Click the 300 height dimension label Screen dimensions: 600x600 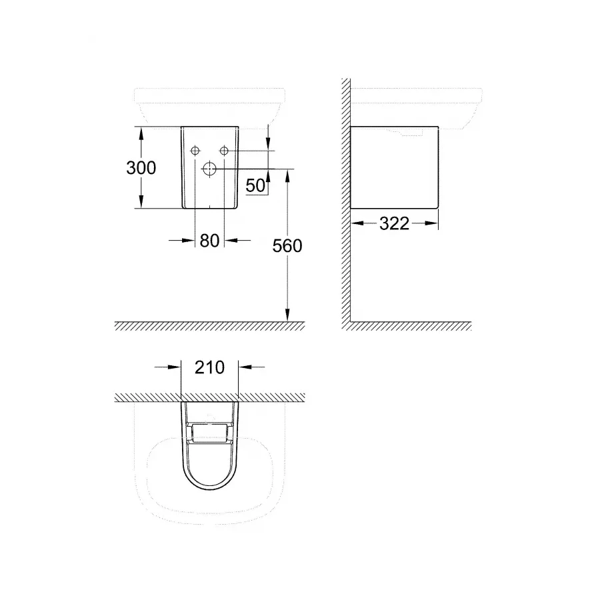141,167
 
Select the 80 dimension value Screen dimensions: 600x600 209,241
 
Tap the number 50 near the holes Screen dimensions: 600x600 255,186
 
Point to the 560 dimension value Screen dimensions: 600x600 287,246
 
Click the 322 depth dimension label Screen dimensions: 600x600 394,224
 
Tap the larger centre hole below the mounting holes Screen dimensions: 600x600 209,169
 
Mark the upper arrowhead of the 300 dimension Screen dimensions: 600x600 141,132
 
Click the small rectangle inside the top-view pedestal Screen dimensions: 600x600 209,434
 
